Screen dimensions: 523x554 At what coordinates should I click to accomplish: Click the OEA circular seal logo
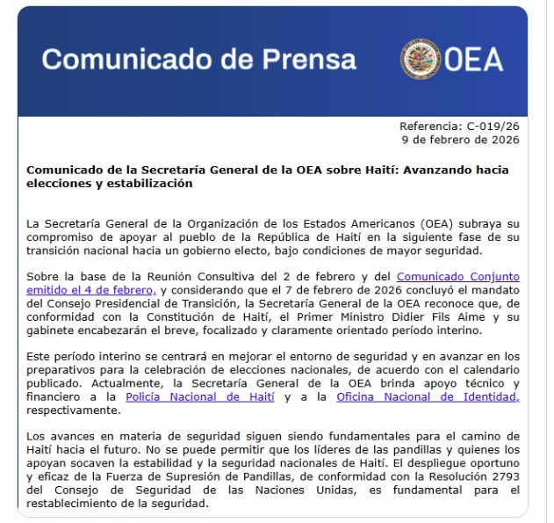coord(421,58)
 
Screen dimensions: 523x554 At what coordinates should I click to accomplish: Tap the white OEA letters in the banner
coord(473,59)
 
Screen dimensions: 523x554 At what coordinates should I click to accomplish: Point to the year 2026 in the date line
coord(504,139)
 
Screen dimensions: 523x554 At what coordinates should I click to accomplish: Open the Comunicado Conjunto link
coord(457,277)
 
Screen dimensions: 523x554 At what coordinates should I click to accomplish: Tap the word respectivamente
coord(67,410)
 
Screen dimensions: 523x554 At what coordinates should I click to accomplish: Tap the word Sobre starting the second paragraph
coord(42,277)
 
